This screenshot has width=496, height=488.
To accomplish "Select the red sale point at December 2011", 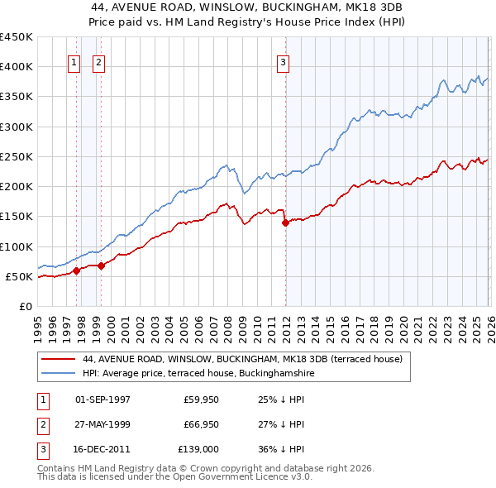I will pyautogui.click(x=285, y=222).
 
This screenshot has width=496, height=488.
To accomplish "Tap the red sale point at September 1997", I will pyautogui.click(x=77, y=270).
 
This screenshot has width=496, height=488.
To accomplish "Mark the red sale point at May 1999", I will pyautogui.click(x=102, y=266).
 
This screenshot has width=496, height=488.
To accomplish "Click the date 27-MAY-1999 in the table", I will pyautogui.click(x=103, y=423).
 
